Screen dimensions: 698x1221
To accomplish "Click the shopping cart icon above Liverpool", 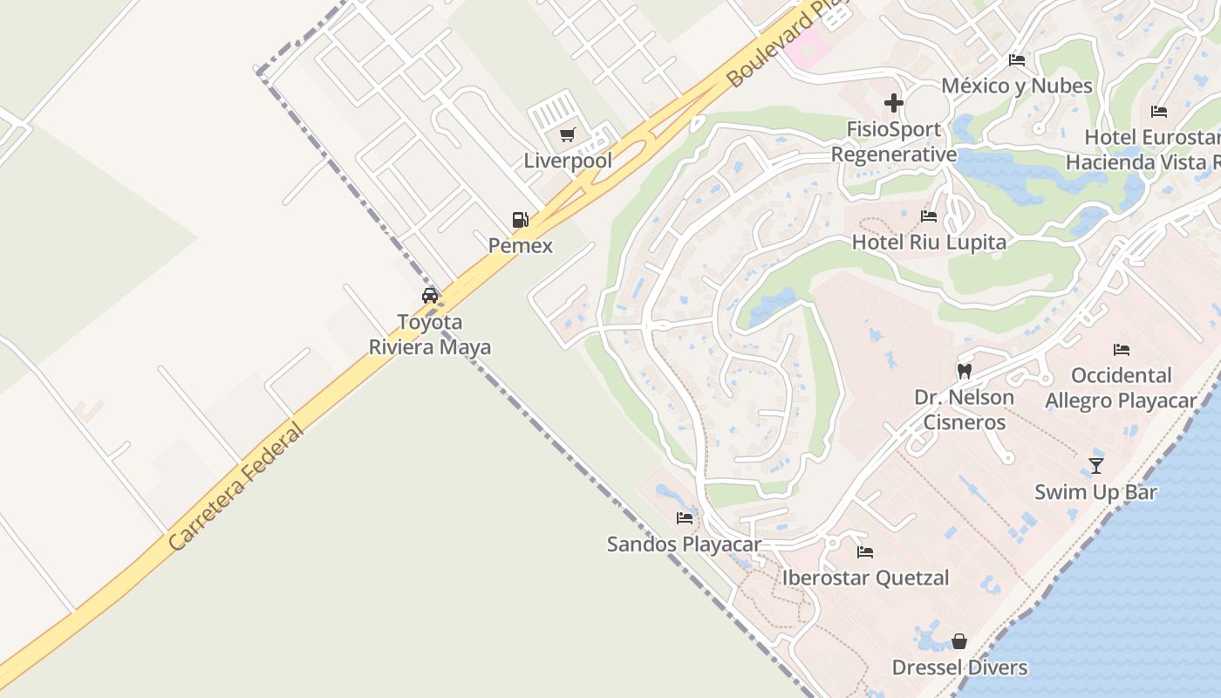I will pos(568,134).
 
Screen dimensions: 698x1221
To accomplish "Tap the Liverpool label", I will pos(568,161).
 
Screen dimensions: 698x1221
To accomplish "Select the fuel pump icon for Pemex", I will pos(521,219).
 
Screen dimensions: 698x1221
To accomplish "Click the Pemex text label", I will pos(521,245).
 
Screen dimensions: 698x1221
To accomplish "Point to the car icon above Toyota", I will pos(430,295).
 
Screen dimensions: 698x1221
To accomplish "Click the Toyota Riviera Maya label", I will pos(430,334).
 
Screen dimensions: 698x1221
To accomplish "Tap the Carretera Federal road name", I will pos(236,486).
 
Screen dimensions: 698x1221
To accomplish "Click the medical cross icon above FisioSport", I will pos(893,103).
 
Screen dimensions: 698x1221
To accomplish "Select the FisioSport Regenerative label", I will pos(893,142).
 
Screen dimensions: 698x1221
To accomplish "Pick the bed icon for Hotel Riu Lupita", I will pos(929,216).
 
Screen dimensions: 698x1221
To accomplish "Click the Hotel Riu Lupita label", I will pos(929,242).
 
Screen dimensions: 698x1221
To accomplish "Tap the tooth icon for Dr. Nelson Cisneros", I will pos(964,371).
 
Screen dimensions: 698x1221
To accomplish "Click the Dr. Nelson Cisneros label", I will pos(964,409).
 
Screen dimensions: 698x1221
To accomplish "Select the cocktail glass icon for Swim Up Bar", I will pos(1095,465).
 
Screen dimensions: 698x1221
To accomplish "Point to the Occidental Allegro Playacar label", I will pos(1121,388).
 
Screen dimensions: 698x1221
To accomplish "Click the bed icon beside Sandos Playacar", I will pos(685,517).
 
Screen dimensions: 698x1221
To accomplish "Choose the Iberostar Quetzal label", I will pos(865,578).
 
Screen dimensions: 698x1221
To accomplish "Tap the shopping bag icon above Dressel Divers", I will pos(959,641).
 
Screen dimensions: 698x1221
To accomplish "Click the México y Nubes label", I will pos(1016,86).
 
